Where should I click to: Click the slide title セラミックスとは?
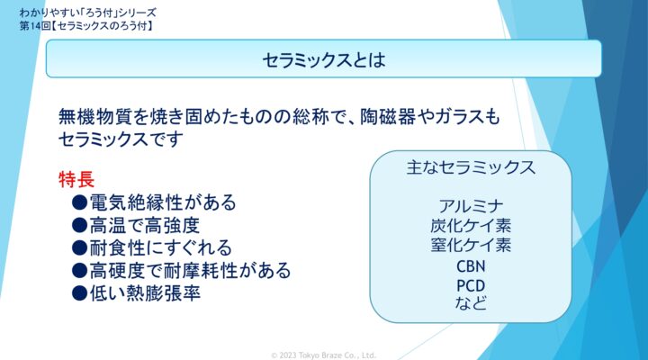point(324,60)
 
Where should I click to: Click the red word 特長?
point(76,179)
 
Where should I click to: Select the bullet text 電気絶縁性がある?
point(162,202)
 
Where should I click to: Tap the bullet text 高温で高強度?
point(144,225)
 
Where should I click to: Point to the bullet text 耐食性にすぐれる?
point(160,247)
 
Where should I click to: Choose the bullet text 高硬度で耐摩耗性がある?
point(190,270)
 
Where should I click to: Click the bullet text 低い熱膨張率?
point(145,293)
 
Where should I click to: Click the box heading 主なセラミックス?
point(471,167)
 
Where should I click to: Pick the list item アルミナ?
point(471,206)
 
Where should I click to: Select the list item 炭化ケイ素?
point(471,225)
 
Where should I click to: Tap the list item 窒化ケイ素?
point(471,245)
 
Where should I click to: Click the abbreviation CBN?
point(471,266)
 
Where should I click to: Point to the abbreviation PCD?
point(471,285)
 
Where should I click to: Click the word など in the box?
point(471,303)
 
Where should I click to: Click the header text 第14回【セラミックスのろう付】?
point(86,26)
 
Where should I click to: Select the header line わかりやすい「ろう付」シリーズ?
point(87,13)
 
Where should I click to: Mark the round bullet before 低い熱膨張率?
point(79,293)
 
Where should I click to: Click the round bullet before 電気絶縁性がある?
point(79,202)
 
